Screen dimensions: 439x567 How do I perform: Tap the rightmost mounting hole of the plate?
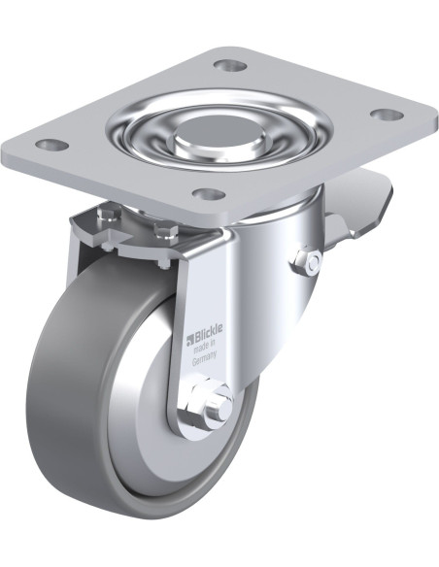tap(388, 115)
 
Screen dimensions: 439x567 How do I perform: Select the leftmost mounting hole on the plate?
tap(52, 145)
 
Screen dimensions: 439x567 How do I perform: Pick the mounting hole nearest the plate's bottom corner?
tap(210, 194)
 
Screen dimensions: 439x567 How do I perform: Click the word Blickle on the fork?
tap(209, 332)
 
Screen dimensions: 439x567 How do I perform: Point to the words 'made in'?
tap(205, 347)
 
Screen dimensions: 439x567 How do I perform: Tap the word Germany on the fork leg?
tap(204, 358)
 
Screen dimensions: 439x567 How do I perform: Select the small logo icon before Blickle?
tap(190, 339)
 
